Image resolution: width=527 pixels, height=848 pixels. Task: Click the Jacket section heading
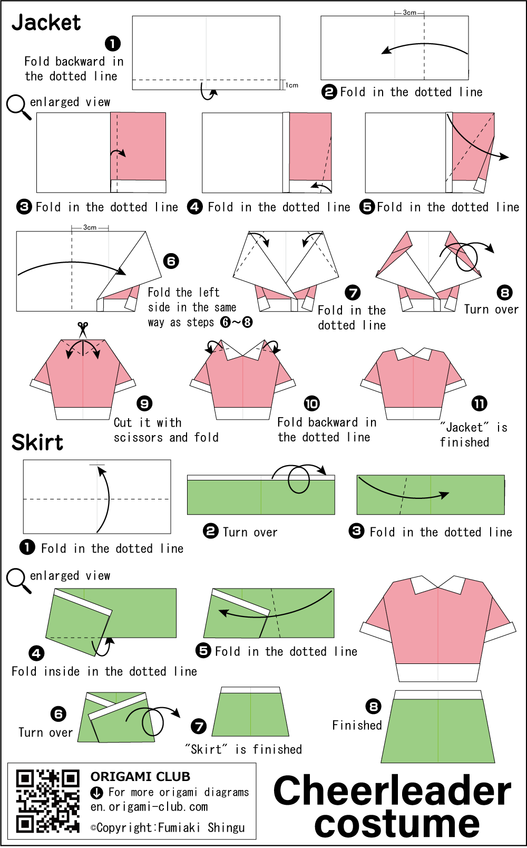46,23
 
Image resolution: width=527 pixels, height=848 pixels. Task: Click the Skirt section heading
37,442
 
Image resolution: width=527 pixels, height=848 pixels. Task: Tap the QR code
47,801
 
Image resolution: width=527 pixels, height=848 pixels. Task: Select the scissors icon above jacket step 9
83,330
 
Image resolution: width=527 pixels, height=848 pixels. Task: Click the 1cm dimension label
291,85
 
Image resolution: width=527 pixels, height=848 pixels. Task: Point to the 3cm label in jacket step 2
409,13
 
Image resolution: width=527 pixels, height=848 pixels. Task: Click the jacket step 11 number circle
480,403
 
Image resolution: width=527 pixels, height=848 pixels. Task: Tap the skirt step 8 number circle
374,706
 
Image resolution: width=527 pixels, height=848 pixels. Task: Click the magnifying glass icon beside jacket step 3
18,107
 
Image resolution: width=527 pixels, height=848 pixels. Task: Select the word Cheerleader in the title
392,791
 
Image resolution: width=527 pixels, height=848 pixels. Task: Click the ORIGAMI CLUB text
140,776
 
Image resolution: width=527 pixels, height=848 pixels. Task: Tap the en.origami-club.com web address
149,806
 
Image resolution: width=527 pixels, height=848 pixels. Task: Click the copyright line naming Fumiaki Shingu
168,827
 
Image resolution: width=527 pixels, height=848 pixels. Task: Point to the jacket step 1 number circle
113,44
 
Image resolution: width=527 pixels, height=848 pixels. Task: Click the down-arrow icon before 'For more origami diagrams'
97,792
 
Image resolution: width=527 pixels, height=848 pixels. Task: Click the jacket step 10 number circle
312,403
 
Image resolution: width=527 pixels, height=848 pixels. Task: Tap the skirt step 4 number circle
36,653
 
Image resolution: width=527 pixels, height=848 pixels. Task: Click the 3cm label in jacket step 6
90,227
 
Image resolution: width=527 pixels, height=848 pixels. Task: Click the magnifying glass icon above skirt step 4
18,581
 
